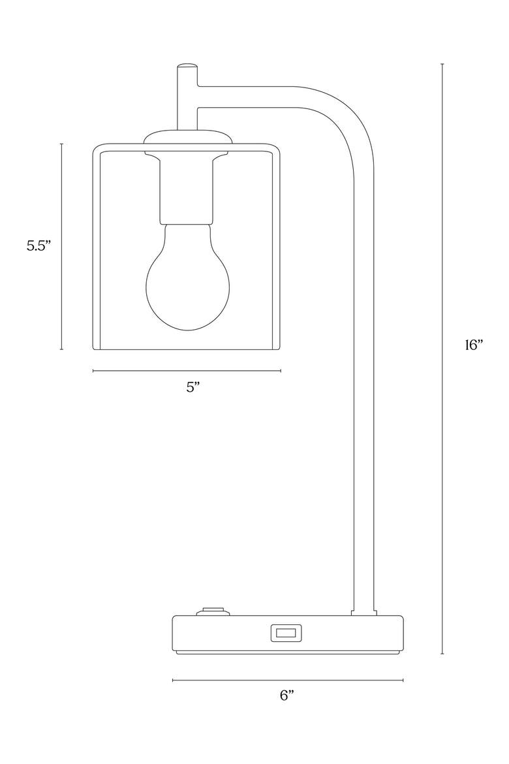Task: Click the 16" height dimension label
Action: click(474, 345)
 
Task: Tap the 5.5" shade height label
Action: click(39, 246)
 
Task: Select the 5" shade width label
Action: click(193, 387)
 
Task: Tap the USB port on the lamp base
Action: click(286, 633)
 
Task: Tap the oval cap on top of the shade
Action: click(187, 136)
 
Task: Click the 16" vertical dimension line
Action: click(442, 358)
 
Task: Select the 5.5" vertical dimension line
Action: click(61, 247)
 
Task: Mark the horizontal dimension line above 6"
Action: click(288, 680)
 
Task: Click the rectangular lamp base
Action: click(288, 635)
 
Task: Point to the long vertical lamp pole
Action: click(364, 390)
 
